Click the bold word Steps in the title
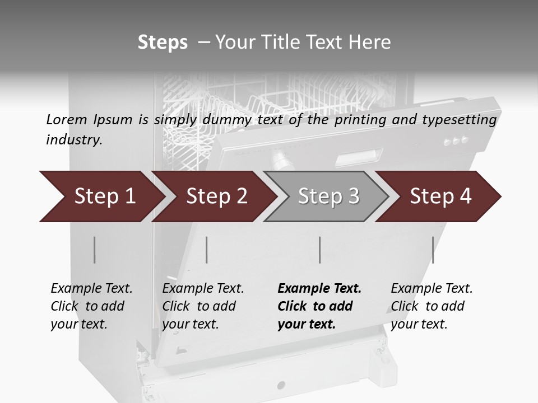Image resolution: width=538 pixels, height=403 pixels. (163, 43)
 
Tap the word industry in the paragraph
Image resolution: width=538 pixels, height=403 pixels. (74, 139)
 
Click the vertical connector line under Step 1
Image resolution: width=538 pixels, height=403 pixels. (95, 250)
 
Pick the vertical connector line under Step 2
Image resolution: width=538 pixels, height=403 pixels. (207, 250)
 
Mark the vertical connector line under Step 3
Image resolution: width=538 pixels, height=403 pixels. (320, 250)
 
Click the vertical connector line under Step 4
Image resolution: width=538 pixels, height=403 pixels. (433, 250)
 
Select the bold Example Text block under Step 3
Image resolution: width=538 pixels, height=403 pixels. (319, 306)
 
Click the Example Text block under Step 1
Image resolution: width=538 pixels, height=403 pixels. (91, 306)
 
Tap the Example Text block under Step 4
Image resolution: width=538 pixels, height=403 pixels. (431, 306)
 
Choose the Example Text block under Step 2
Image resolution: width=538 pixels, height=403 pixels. (203, 306)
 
